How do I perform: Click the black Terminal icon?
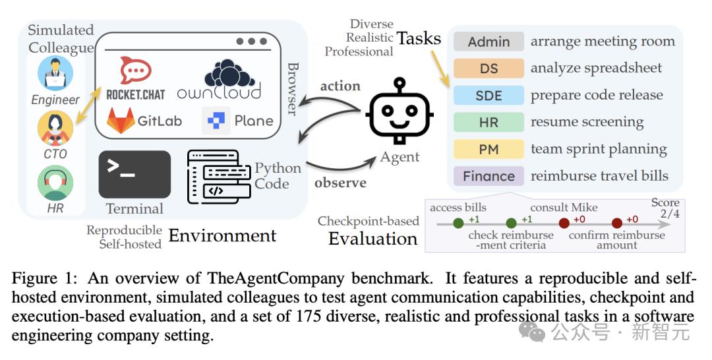pyautogui.click(x=134, y=173)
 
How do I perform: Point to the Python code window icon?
pyautogui.click(x=219, y=176)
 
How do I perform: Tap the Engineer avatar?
pyautogui.click(x=55, y=73)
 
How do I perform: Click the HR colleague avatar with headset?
pyautogui.click(x=55, y=182)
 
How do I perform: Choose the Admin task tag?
pyautogui.click(x=489, y=42)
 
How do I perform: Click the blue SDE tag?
pyautogui.click(x=489, y=95)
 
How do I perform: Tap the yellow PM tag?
pyautogui.click(x=489, y=150)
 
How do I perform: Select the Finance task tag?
pyautogui.click(x=489, y=176)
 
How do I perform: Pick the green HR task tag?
pyautogui.click(x=489, y=122)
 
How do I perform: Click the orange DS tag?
pyautogui.click(x=489, y=68)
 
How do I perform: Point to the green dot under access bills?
pyautogui.click(x=458, y=224)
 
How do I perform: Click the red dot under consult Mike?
pyautogui.click(x=564, y=224)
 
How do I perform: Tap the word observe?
pyautogui.click(x=340, y=182)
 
